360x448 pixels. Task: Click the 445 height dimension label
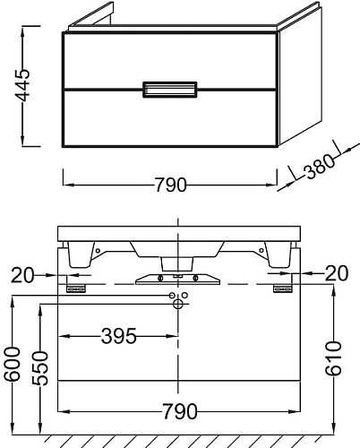23,85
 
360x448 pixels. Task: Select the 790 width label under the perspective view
170,185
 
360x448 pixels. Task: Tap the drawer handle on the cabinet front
170,90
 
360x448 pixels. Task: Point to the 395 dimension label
119,336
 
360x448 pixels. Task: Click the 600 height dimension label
13,364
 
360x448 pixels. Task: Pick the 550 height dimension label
40,368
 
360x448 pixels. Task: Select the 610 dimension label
333,358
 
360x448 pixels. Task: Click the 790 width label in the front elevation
180,411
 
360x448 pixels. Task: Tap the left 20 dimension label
22,275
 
